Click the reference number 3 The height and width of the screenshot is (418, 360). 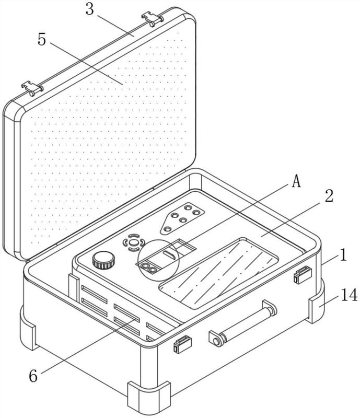[90, 9]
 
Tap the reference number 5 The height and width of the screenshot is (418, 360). [42, 40]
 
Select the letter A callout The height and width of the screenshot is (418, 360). [296, 182]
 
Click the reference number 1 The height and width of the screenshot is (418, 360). [343, 254]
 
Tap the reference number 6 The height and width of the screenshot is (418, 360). [33, 376]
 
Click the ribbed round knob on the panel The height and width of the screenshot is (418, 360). [104, 260]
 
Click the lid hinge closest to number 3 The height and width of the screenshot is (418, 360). [152, 19]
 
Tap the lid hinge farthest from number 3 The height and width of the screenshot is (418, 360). [32, 88]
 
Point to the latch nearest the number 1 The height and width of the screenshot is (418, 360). [303, 275]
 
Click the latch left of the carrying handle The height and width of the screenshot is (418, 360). [182, 344]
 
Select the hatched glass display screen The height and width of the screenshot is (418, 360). [219, 273]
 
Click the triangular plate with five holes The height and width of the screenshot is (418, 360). [182, 218]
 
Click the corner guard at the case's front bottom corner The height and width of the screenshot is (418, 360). [149, 397]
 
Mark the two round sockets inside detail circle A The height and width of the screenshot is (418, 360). [149, 268]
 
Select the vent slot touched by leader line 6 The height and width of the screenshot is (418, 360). [126, 312]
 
